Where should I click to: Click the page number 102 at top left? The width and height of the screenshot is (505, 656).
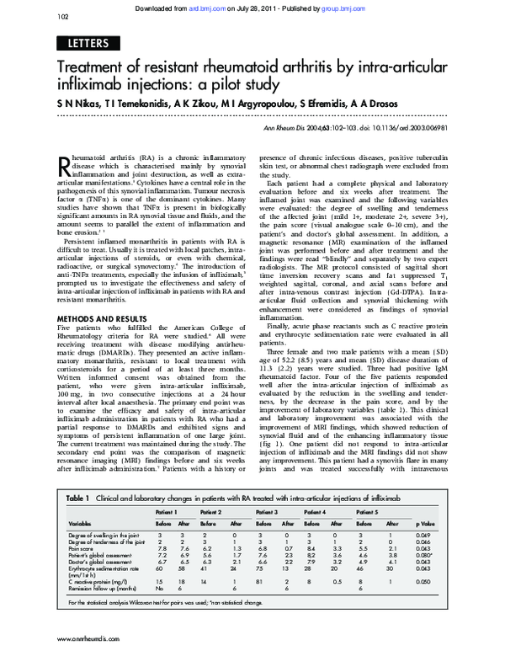pos(62,16)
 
